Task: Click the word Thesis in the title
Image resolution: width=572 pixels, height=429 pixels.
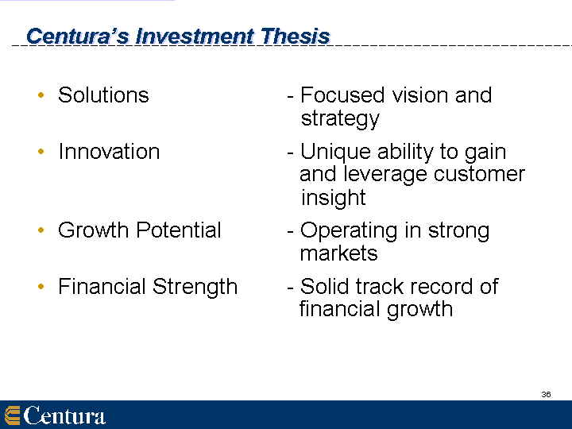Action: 295,36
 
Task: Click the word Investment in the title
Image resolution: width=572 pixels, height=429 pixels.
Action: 194,36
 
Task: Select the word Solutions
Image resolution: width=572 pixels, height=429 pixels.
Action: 103,95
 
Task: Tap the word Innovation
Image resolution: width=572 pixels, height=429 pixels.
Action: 109,152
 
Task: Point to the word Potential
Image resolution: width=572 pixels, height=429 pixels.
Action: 179,230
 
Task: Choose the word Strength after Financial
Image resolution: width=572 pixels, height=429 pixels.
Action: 195,288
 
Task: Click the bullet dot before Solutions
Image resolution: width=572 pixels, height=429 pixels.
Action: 41,95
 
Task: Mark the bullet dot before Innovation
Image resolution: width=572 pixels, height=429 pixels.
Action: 41,152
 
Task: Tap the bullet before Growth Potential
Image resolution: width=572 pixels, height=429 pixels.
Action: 41,230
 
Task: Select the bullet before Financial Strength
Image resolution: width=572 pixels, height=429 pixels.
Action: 41,286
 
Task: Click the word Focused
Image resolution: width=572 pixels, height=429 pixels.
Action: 342,95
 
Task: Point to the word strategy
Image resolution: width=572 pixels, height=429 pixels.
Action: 340,119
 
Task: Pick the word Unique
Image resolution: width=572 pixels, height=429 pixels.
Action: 335,153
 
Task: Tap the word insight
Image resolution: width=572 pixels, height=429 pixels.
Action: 334,199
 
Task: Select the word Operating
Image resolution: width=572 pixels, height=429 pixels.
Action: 349,231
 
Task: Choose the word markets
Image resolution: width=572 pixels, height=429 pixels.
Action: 339,253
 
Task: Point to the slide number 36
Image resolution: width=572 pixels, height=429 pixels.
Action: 546,394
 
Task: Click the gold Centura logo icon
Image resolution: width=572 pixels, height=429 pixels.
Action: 13,415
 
